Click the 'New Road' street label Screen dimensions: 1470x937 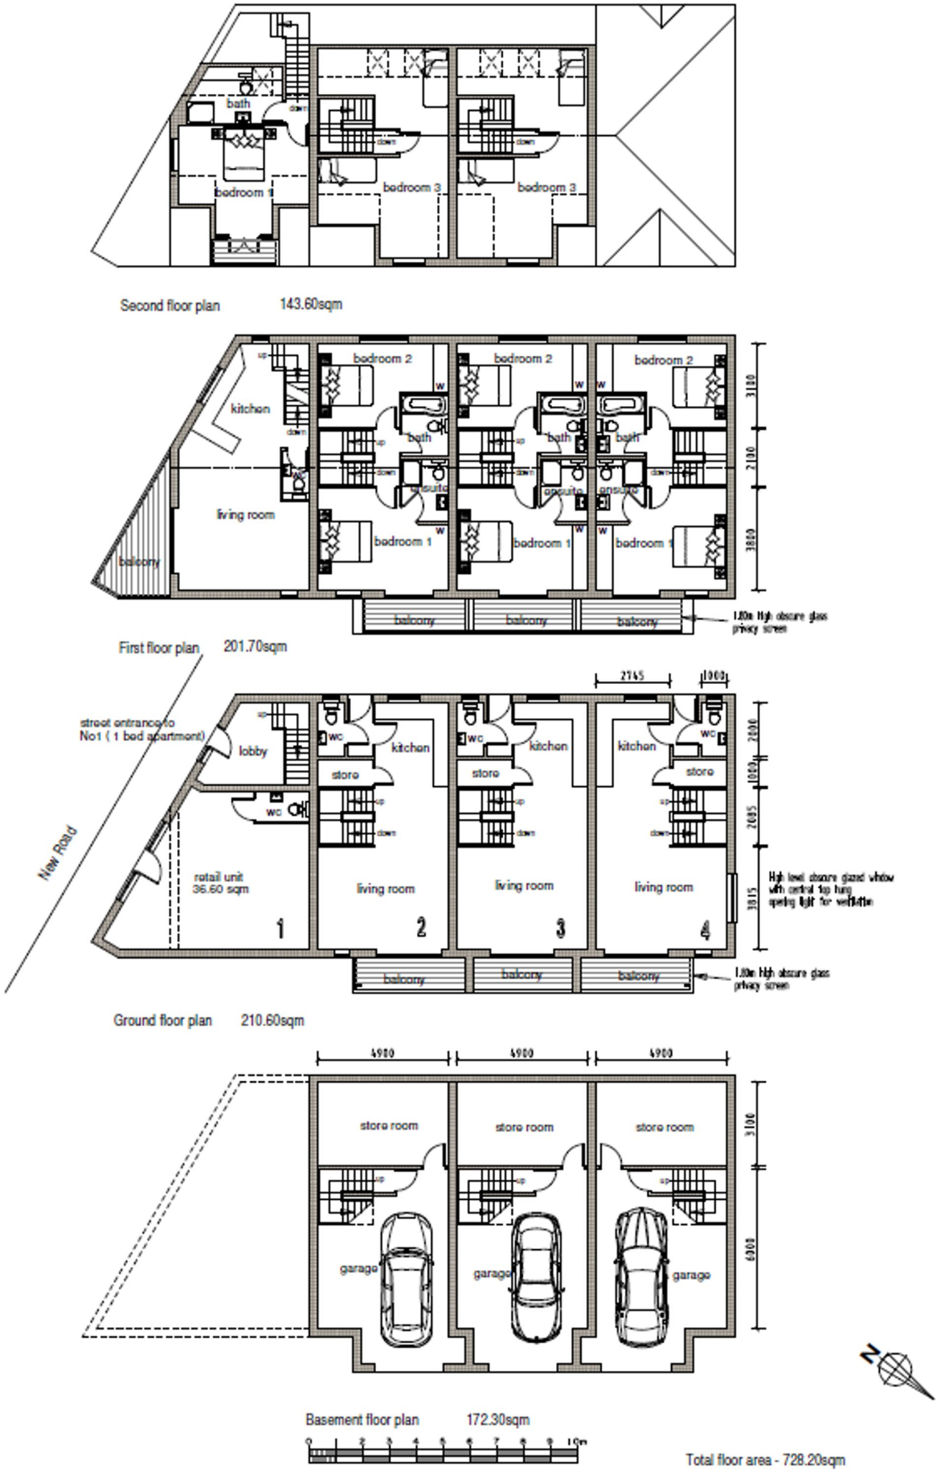coord(57,854)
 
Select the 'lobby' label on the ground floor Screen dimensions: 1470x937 coord(253,751)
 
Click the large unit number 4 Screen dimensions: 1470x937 coord(705,931)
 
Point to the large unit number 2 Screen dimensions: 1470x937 coord(421,927)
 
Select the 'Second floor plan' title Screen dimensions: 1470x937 coord(170,306)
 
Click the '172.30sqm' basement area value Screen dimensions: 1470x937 coord(498,1420)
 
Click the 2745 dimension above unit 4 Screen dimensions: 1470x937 coord(631,675)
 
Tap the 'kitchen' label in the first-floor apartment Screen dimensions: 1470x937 coord(250,408)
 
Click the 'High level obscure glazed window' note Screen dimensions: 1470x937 coord(831,889)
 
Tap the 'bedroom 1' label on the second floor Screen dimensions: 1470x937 coord(244,192)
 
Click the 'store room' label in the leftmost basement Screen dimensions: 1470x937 coord(388,1125)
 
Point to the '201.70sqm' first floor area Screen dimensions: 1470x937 coord(255,647)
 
